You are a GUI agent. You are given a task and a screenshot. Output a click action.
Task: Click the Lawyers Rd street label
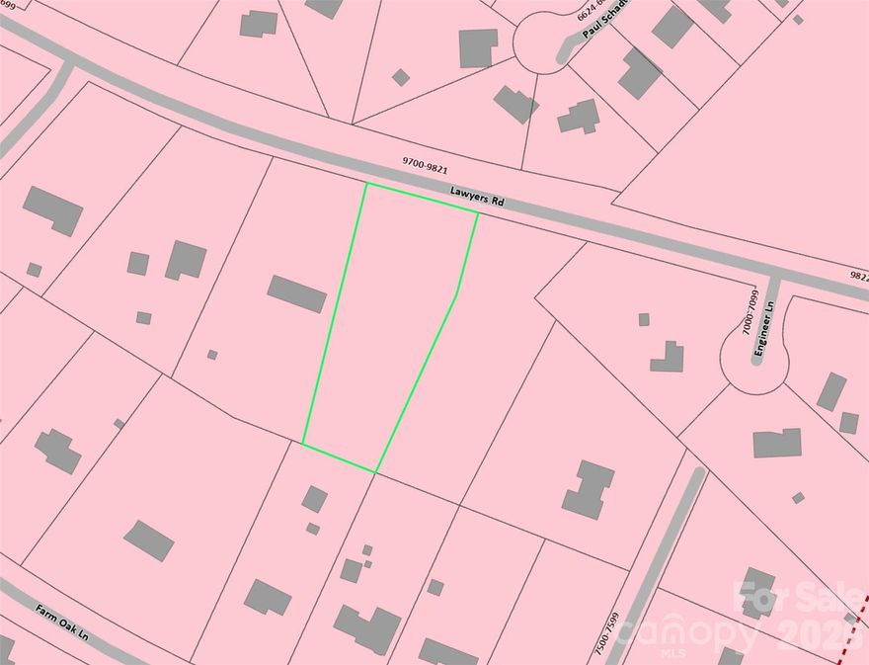478,199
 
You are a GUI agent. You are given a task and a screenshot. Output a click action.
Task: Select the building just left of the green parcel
296,293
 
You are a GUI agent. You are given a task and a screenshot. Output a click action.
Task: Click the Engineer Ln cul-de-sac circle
754,364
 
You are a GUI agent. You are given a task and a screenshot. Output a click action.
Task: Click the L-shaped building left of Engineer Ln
669,357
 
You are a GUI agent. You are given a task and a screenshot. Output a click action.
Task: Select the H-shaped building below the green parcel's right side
589,489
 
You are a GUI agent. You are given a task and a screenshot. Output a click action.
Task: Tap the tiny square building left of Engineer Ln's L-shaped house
644,319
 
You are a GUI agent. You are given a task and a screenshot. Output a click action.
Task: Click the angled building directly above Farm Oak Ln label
148,540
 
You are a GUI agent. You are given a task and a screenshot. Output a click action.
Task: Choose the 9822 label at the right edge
857,278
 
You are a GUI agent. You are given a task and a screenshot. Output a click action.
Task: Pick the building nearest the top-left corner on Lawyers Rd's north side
259,23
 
